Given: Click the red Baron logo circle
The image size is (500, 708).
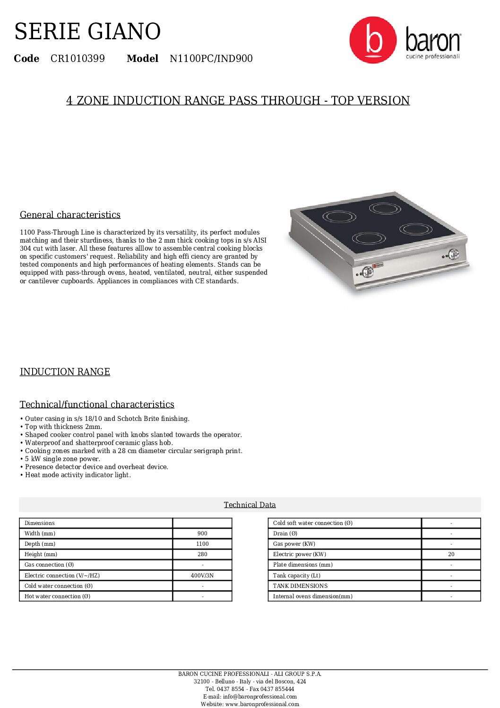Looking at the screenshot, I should [372, 40].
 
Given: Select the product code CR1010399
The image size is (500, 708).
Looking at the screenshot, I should [78, 59].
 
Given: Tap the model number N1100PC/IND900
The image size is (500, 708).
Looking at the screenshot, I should [211, 59].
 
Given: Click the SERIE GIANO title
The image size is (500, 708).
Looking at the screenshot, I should [87, 32].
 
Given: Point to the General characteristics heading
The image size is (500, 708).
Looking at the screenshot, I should [70, 215].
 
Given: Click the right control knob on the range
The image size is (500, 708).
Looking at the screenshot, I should [453, 254].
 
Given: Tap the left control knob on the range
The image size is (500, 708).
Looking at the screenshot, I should [367, 271].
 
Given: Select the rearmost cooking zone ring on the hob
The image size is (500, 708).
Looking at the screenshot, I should [385, 208].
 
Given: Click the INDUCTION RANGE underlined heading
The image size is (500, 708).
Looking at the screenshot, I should [65, 372].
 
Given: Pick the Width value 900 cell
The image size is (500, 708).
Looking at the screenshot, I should [202, 533].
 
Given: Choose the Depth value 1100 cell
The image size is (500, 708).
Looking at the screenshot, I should [202, 544].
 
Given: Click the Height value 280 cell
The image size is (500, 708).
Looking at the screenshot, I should [202, 554].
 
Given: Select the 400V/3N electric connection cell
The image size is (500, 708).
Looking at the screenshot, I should [202, 576].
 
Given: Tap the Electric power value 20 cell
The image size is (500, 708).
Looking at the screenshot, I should [451, 554].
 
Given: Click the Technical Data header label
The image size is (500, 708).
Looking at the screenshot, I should [250, 505].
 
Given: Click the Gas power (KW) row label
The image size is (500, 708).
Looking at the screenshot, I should [294, 544].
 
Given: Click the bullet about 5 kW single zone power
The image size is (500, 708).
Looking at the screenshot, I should [62, 459].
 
